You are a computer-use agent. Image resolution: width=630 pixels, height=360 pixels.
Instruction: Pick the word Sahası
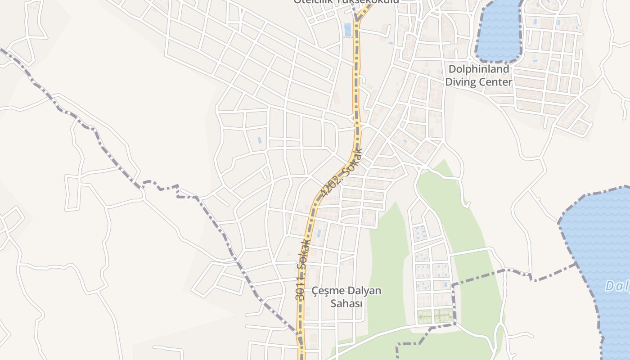click(346, 303)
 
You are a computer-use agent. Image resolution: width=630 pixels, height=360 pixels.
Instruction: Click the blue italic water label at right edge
click(617, 285)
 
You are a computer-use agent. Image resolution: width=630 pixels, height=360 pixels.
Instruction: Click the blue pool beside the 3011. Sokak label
click(319, 234)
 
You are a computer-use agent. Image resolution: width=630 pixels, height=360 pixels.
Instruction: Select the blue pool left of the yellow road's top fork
click(347, 29)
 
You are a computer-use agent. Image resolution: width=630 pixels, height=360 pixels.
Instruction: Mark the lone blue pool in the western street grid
click(259, 140)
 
